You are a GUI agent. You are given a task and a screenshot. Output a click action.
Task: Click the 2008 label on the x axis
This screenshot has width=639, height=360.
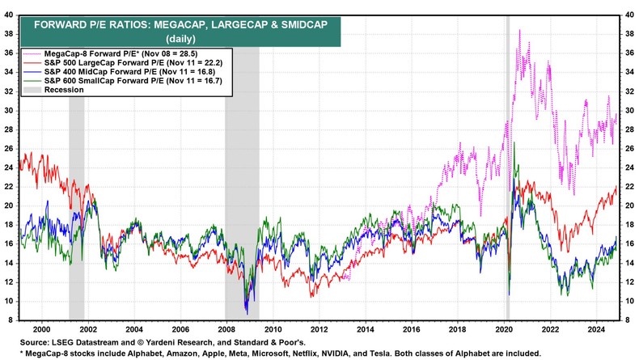pyautogui.click(x=226, y=330)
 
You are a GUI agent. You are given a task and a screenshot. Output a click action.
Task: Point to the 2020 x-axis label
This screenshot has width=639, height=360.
pyautogui.click(x=505, y=330)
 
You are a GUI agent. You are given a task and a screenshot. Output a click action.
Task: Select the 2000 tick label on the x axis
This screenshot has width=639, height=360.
pyautogui.click(x=41, y=330)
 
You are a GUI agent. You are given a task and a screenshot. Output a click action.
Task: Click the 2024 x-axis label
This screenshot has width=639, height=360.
pyautogui.click(x=598, y=330)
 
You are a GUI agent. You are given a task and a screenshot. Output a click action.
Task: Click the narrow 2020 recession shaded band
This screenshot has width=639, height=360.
pyautogui.click(x=507, y=162)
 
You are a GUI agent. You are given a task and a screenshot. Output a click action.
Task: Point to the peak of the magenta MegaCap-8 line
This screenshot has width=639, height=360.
pyautogui.click(x=518, y=30)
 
